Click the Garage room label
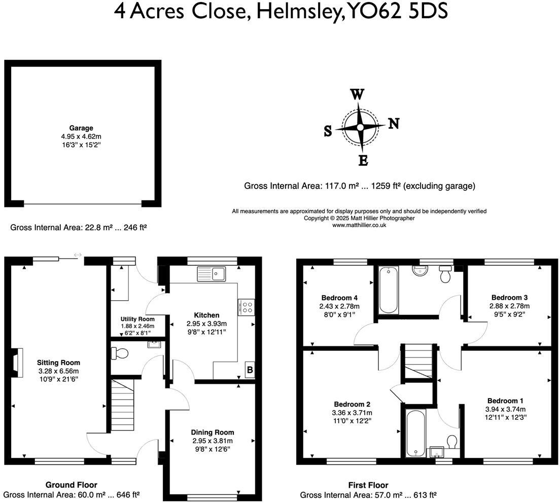click(x=81, y=128)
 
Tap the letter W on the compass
click(x=358, y=94)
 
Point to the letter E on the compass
click(x=363, y=161)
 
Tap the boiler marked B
click(x=250, y=370)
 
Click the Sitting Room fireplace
click(x=19, y=363)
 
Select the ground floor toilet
click(x=120, y=352)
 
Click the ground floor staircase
click(x=122, y=405)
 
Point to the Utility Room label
click(x=137, y=319)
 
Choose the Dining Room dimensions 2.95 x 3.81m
click(x=213, y=440)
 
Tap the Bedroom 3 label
click(x=509, y=298)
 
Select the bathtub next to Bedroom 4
click(x=389, y=290)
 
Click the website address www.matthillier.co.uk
click(x=359, y=225)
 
